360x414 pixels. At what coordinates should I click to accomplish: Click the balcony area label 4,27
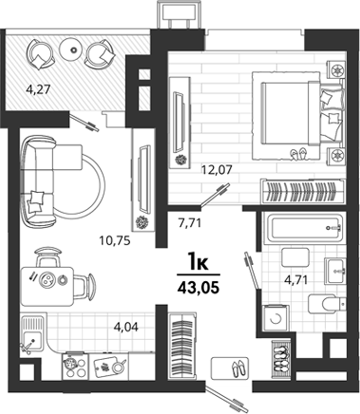(38, 90)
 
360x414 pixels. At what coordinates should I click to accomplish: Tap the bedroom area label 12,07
(218, 170)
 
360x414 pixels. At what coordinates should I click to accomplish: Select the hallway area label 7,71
(190, 223)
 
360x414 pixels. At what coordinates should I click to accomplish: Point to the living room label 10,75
(115, 241)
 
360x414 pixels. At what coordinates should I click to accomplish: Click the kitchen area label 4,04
(126, 327)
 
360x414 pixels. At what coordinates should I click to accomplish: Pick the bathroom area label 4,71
(296, 280)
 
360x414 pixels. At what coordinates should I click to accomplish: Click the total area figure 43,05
(199, 288)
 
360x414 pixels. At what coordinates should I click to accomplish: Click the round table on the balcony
(74, 49)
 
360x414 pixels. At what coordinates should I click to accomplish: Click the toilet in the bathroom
(327, 304)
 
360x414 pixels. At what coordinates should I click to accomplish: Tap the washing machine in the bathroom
(275, 318)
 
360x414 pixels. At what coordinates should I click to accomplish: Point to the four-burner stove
(76, 366)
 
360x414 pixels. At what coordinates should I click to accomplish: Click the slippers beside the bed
(299, 154)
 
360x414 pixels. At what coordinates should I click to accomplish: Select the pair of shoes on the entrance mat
(237, 367)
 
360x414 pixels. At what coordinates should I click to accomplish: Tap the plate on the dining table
(47, 279)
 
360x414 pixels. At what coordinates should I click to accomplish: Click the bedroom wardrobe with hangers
(302, 192)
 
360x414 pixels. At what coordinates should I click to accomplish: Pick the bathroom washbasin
(335, 271)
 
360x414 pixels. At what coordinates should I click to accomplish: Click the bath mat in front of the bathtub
(295, 257)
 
